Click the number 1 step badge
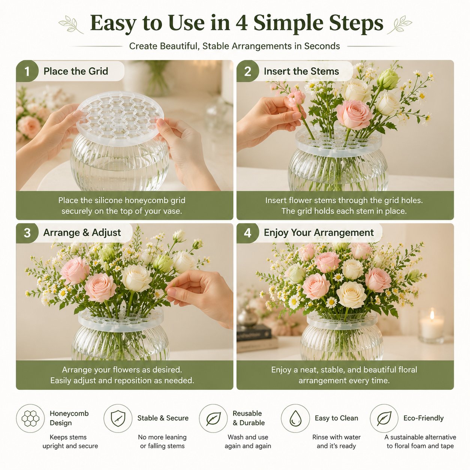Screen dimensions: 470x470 pos(27,71)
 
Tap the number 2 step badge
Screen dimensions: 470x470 pos(248,71)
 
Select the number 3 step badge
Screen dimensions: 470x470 pos(27,233)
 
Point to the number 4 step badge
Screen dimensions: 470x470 pos(248,233)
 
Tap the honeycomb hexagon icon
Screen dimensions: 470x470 pos(30,418)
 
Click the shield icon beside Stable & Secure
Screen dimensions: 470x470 pos(118,418)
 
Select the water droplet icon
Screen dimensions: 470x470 pos(295,418)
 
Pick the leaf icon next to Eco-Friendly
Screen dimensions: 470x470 pos(384,419)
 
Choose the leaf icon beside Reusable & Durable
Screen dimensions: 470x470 pos(213,419)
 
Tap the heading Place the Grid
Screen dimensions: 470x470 pos(76,71)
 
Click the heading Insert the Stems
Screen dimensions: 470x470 pos(301,71)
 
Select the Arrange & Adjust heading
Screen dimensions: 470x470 pos(82,233)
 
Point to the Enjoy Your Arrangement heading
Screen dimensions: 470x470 pos(319,233)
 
